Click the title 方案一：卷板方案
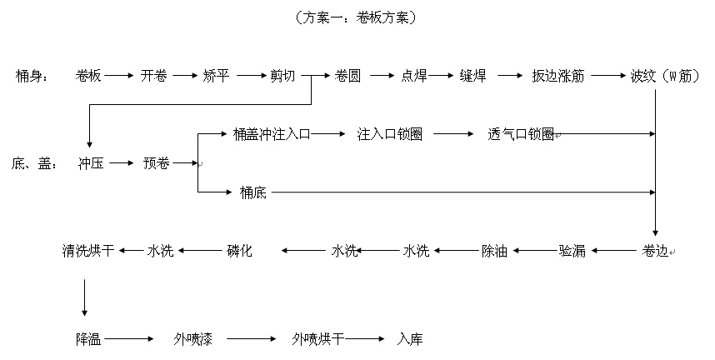(x=357, y=17)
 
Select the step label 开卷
(x=153, y=75)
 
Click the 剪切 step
(x=282, y=75)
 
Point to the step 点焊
(x=414, y=75)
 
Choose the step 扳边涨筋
(x=558, y=75)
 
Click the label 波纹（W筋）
(x=664, y=75)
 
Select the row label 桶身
(x=32, y=75)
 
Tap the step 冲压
(x=91, y=163)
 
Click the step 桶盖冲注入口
(x=272, y=133)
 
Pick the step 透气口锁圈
(x=522, y=133)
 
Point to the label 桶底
(x=252, y=192)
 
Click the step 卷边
(x=655, y=250)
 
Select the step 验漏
(x=572, y=250)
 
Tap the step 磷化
(x=240, y=250)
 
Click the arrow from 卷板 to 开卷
(x=119, y=75)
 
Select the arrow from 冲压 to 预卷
(x=122, y=163)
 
